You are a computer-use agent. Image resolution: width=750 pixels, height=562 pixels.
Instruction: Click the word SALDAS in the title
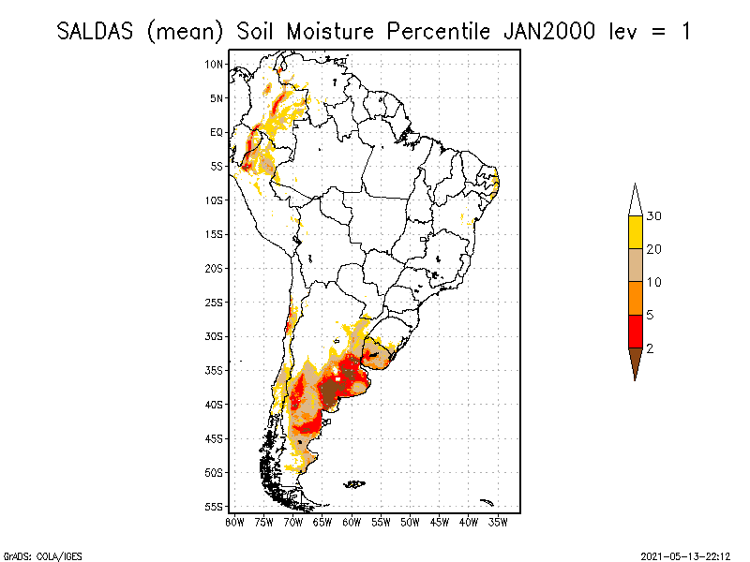tap(96, 31)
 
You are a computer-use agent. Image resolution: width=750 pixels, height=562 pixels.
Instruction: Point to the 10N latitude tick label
tap(215, 64)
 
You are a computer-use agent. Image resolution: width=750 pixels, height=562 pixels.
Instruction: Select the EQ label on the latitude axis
tap(217, 132)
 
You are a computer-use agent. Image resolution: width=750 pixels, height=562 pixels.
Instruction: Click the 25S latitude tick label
tap(215, 302)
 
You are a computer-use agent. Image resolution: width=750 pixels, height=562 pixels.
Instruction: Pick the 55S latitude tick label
tap(215, 506)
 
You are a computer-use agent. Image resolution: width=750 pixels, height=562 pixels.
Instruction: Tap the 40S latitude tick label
tap(215, 404)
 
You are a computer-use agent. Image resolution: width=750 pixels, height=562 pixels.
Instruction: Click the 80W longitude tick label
tap(234, 521)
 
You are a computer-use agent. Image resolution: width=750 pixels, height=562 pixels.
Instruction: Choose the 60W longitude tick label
tap(352, 521)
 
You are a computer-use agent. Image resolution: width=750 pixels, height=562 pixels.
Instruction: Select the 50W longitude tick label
tap(411, 521)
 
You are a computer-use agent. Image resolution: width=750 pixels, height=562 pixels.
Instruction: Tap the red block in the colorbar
tap(636, 331)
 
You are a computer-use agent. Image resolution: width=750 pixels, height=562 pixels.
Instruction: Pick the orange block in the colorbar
tap(636, 298)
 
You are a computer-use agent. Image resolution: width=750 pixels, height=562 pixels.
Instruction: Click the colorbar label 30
tap(654, 216)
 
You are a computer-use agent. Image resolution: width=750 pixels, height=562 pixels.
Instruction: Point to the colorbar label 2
tap(651, 348)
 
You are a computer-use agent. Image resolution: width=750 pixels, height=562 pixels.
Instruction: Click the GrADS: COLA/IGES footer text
tap(38, 555)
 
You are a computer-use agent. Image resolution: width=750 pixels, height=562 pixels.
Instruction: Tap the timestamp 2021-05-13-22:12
tap(686, 555)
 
